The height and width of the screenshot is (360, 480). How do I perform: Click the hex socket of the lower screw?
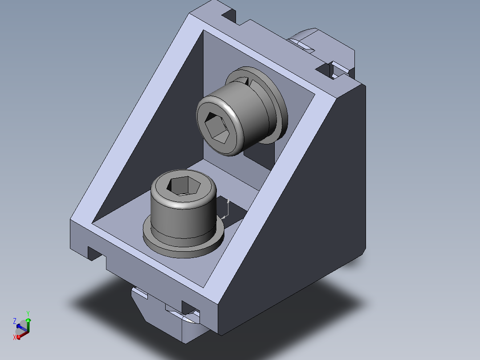[x=183, y=186]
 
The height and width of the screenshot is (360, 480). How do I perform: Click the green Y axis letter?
[x=28, y=314]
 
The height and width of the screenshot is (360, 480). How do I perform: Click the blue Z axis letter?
[x=14, y=321]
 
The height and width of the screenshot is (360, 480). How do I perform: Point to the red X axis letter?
[x=14, y=337]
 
